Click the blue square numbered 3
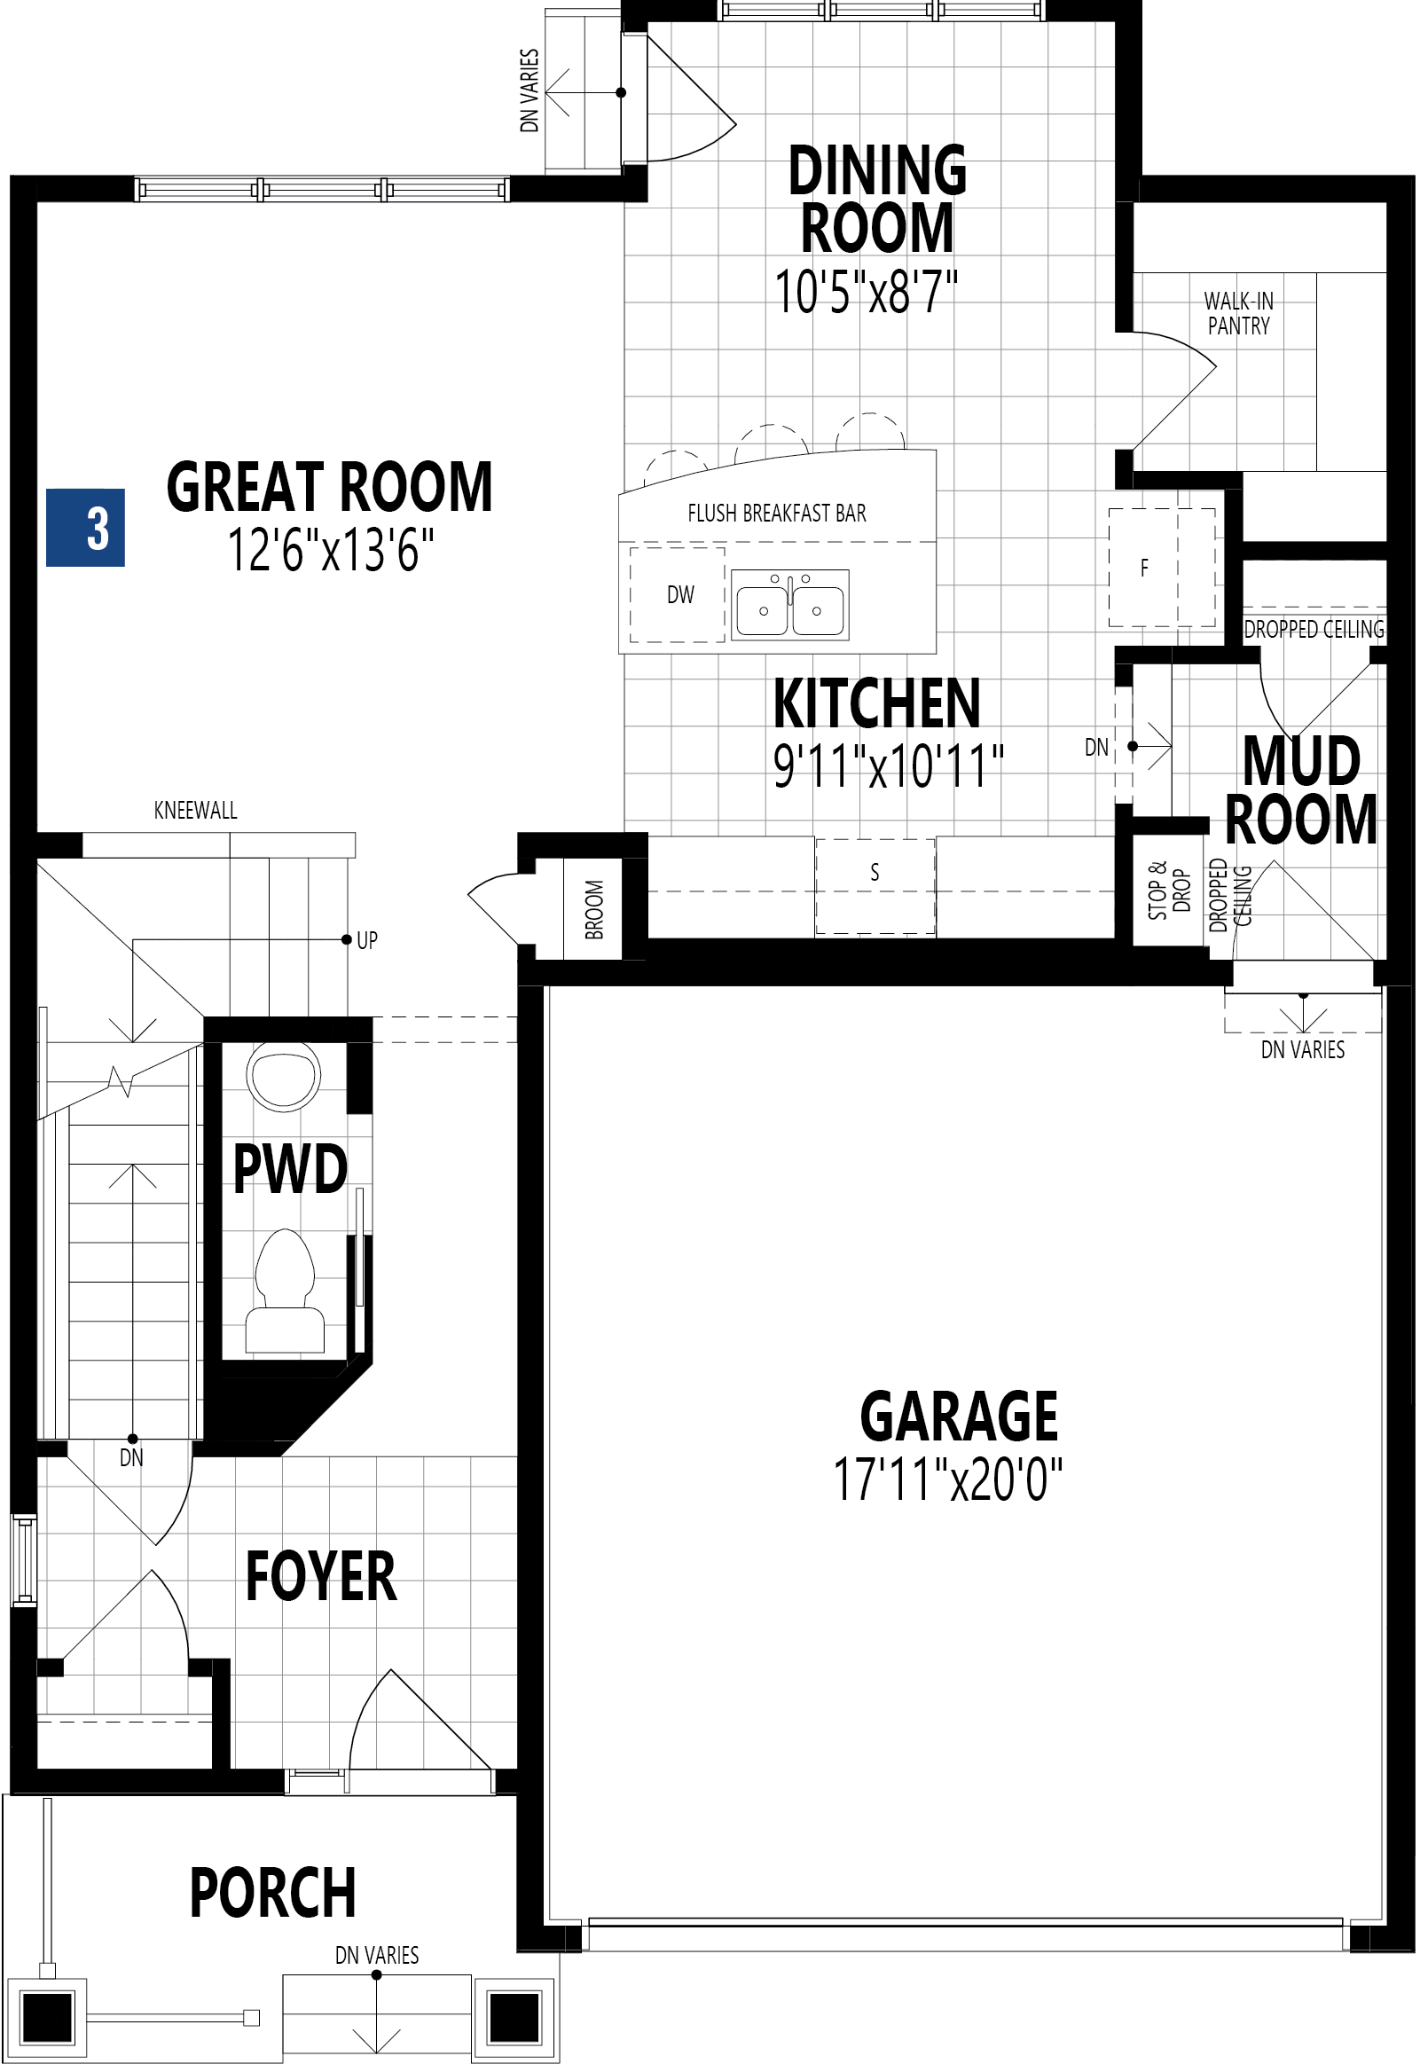click(85, 529)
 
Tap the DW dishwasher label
click(680, 595)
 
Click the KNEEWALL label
click(196, 811)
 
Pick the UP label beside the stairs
click(367, 940)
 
